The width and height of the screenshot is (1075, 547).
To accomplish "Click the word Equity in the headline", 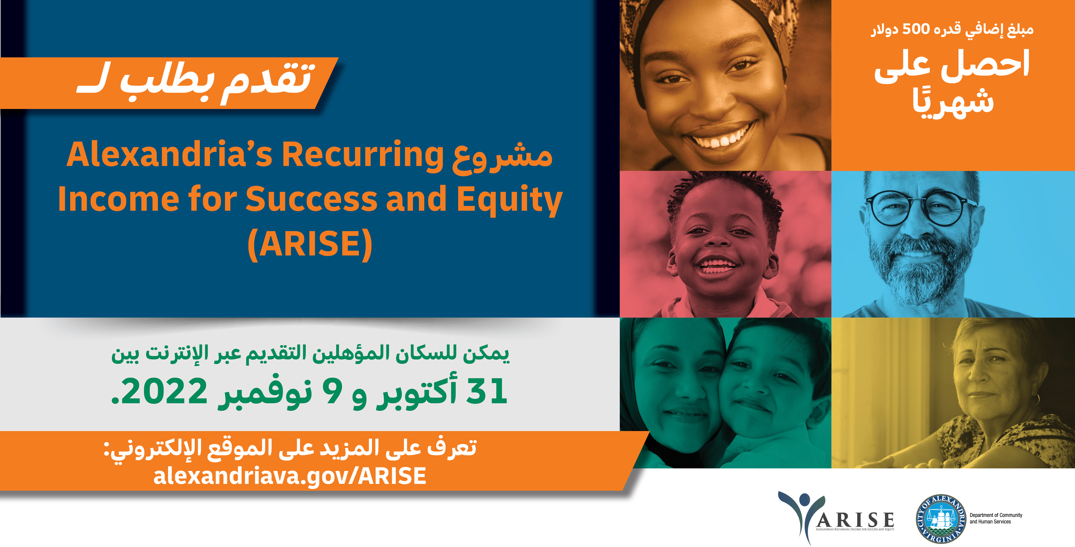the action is (x=510, y=200).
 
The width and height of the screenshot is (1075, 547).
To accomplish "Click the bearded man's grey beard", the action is (x=920, y=267).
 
